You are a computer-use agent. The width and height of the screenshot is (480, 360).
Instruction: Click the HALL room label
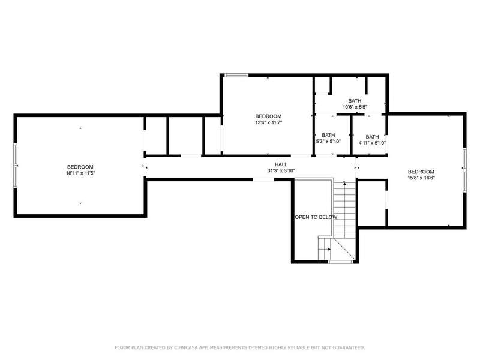tap(281, 164)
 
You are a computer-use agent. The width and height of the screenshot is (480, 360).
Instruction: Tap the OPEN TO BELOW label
tap(316, 217)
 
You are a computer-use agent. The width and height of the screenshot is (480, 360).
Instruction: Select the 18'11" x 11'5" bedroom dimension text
tap(80, 173)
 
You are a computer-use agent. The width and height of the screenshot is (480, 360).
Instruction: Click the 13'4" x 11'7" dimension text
tap(268, 122)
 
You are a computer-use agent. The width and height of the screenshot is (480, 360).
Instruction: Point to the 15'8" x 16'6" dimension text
tap(421, 178)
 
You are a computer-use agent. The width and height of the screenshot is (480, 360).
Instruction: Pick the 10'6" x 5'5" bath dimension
tap(355, 107)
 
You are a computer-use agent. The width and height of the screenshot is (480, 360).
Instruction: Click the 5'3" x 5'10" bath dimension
tap(328, 141)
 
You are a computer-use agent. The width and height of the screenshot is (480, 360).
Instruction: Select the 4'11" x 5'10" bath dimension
tap(372, 143)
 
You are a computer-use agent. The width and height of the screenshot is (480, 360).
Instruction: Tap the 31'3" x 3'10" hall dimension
tap(281, 170)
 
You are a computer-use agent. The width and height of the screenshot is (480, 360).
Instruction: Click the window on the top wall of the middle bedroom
tap(236, 75)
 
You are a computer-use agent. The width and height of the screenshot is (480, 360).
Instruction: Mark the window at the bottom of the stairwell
tap(340, 262)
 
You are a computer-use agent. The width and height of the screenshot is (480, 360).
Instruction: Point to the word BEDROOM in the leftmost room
tap(80, 167)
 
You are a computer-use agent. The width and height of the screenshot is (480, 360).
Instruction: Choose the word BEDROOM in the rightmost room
tap(421, 172)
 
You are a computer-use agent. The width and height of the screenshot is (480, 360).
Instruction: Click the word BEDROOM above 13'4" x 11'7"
tap(268, 116)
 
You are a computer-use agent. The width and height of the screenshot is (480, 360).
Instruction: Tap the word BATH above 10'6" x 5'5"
tap(355, 101)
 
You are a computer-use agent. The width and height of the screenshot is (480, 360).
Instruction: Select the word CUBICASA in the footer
tap(186, 347)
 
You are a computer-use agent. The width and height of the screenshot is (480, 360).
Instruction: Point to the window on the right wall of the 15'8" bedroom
tap(464, 170)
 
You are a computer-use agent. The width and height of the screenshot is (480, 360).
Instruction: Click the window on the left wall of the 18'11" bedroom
tap(16, 166)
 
